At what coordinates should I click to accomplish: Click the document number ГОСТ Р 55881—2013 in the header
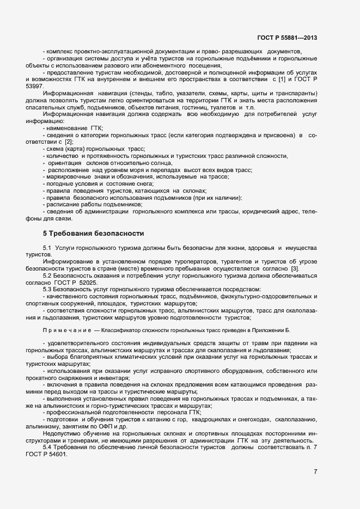pyautogui.click(x=286, y=38)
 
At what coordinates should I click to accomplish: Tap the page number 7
pyautogui.click(x=316, y=471)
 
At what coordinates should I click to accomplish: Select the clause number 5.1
pyautogui.click(x=47, y=248)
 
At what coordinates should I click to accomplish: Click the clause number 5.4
pyautogui.click(x=47, y=447)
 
